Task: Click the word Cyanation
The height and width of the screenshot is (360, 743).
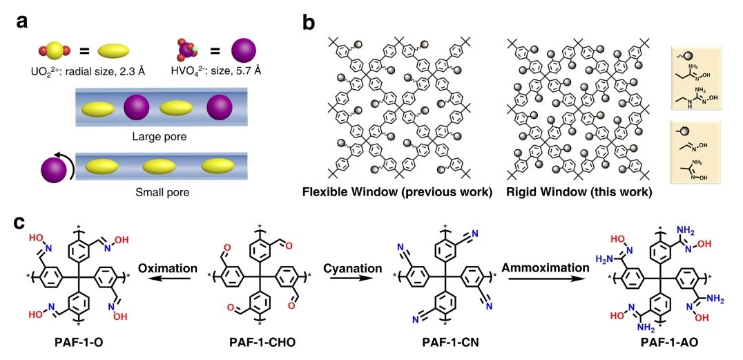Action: pyautogui.click(x=354, y=269)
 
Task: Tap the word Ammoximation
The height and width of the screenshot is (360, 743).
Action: pyautogui.click(x=549, y=269)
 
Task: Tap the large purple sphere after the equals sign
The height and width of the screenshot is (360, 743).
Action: pyautogui.click(x=244, y=49)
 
